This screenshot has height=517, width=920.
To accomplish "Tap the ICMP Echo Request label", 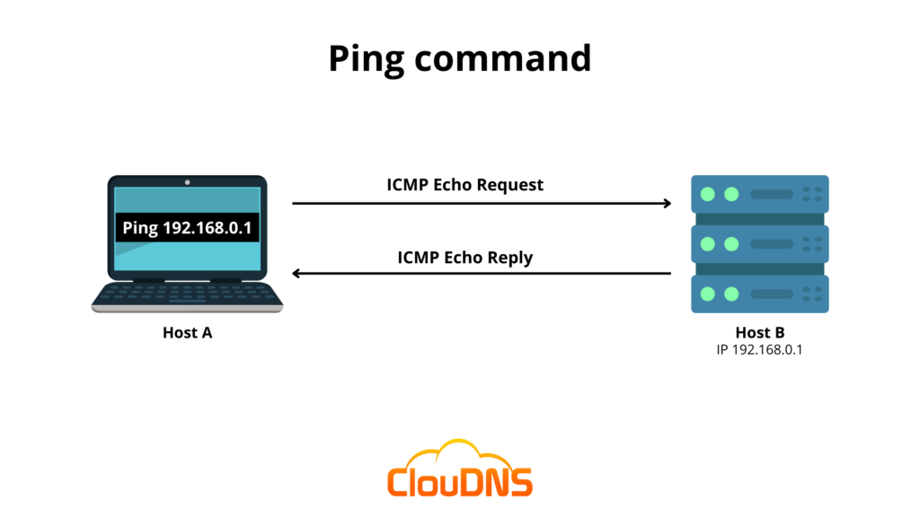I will click(x=464, y=185).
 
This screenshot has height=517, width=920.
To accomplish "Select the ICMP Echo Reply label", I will click(x=464, y=258).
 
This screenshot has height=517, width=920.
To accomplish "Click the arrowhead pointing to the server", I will click(x=667, y=204).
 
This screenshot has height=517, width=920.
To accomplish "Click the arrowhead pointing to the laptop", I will click(x=298, y=273).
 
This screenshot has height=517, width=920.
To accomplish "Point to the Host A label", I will click(x=187, y=333).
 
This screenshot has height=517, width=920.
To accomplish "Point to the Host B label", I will click(x=759, y=333).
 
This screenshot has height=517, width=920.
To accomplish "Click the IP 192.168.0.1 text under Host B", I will click(x=759, y=350).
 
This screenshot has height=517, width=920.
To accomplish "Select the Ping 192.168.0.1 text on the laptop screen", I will click(x=188, y=228).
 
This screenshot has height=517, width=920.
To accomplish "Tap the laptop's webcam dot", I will click(x=188, y=182).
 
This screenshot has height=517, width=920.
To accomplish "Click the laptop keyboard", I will click(x=187, y=294).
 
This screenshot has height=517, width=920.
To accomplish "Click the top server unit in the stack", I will click(x=759, y=194).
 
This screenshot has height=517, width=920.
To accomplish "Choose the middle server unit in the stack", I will click(x=759, y=244).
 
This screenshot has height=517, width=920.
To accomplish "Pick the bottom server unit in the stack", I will click(x=759, y=294).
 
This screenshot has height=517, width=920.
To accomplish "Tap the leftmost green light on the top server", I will click(x=709, y=194).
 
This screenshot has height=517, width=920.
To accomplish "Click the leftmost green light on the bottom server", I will click(x=709, y=294).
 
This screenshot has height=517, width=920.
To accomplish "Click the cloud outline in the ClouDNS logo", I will click(x=458, y=453).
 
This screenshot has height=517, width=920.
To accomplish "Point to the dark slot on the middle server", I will click(x=772, y=244).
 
